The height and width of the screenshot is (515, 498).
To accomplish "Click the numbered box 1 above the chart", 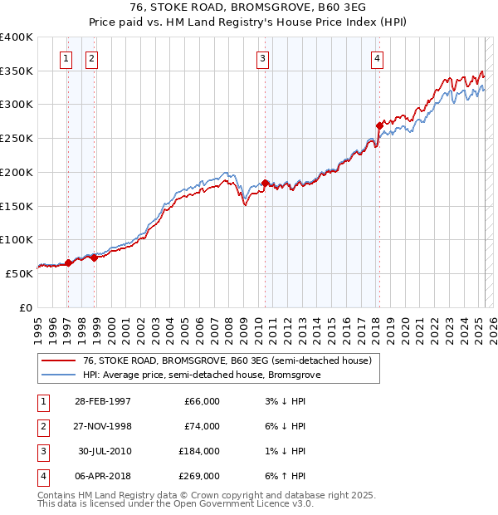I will tap(65, 58).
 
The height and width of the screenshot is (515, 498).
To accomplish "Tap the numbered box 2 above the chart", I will tap(90, 58).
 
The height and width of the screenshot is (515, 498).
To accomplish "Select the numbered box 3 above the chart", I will tap(262, 58).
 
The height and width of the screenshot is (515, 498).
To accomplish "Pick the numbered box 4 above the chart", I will tap(377, 58).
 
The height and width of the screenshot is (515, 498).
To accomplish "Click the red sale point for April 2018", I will tap(379, 125).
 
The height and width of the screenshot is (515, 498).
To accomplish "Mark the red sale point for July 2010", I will tap(265, 183).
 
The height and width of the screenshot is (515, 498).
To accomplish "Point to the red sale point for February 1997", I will tap(68, 262).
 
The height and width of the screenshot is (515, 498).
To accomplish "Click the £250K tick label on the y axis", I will tap(17, 139).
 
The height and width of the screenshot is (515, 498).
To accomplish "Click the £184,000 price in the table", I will tap(200, 451).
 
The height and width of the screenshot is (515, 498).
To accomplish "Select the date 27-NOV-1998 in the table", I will tap(104, 426).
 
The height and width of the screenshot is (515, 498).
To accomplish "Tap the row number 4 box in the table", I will tap(41, 476).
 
